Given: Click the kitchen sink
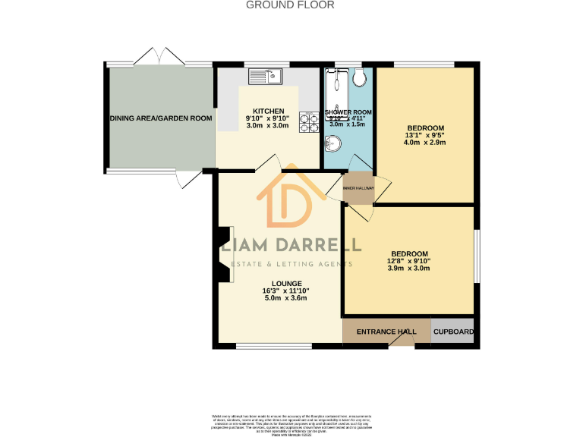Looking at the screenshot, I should click(x=265, y=76).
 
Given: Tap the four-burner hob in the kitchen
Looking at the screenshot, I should click(x=309, y=122).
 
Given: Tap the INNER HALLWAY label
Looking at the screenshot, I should click(x=358, y=187).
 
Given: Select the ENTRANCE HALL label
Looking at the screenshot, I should click(x=386, y=332).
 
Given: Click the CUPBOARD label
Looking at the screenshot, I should click(x=454, y=332).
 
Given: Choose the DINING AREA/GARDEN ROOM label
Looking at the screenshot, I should click(x=160, y=118).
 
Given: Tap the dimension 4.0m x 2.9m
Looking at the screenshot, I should click(x=425, y=143).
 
